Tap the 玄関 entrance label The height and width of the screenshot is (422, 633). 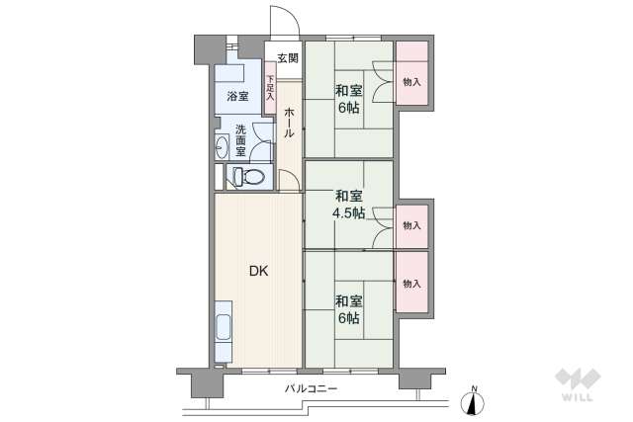tap(287, 58)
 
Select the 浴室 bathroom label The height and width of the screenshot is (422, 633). tap(237, 96)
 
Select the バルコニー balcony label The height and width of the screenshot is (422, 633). tap(311, 389)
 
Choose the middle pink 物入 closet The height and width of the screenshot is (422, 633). tap(411, 226)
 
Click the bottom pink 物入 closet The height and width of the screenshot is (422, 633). tap(411, 283)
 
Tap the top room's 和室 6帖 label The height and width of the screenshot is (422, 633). tap(349, 99)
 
